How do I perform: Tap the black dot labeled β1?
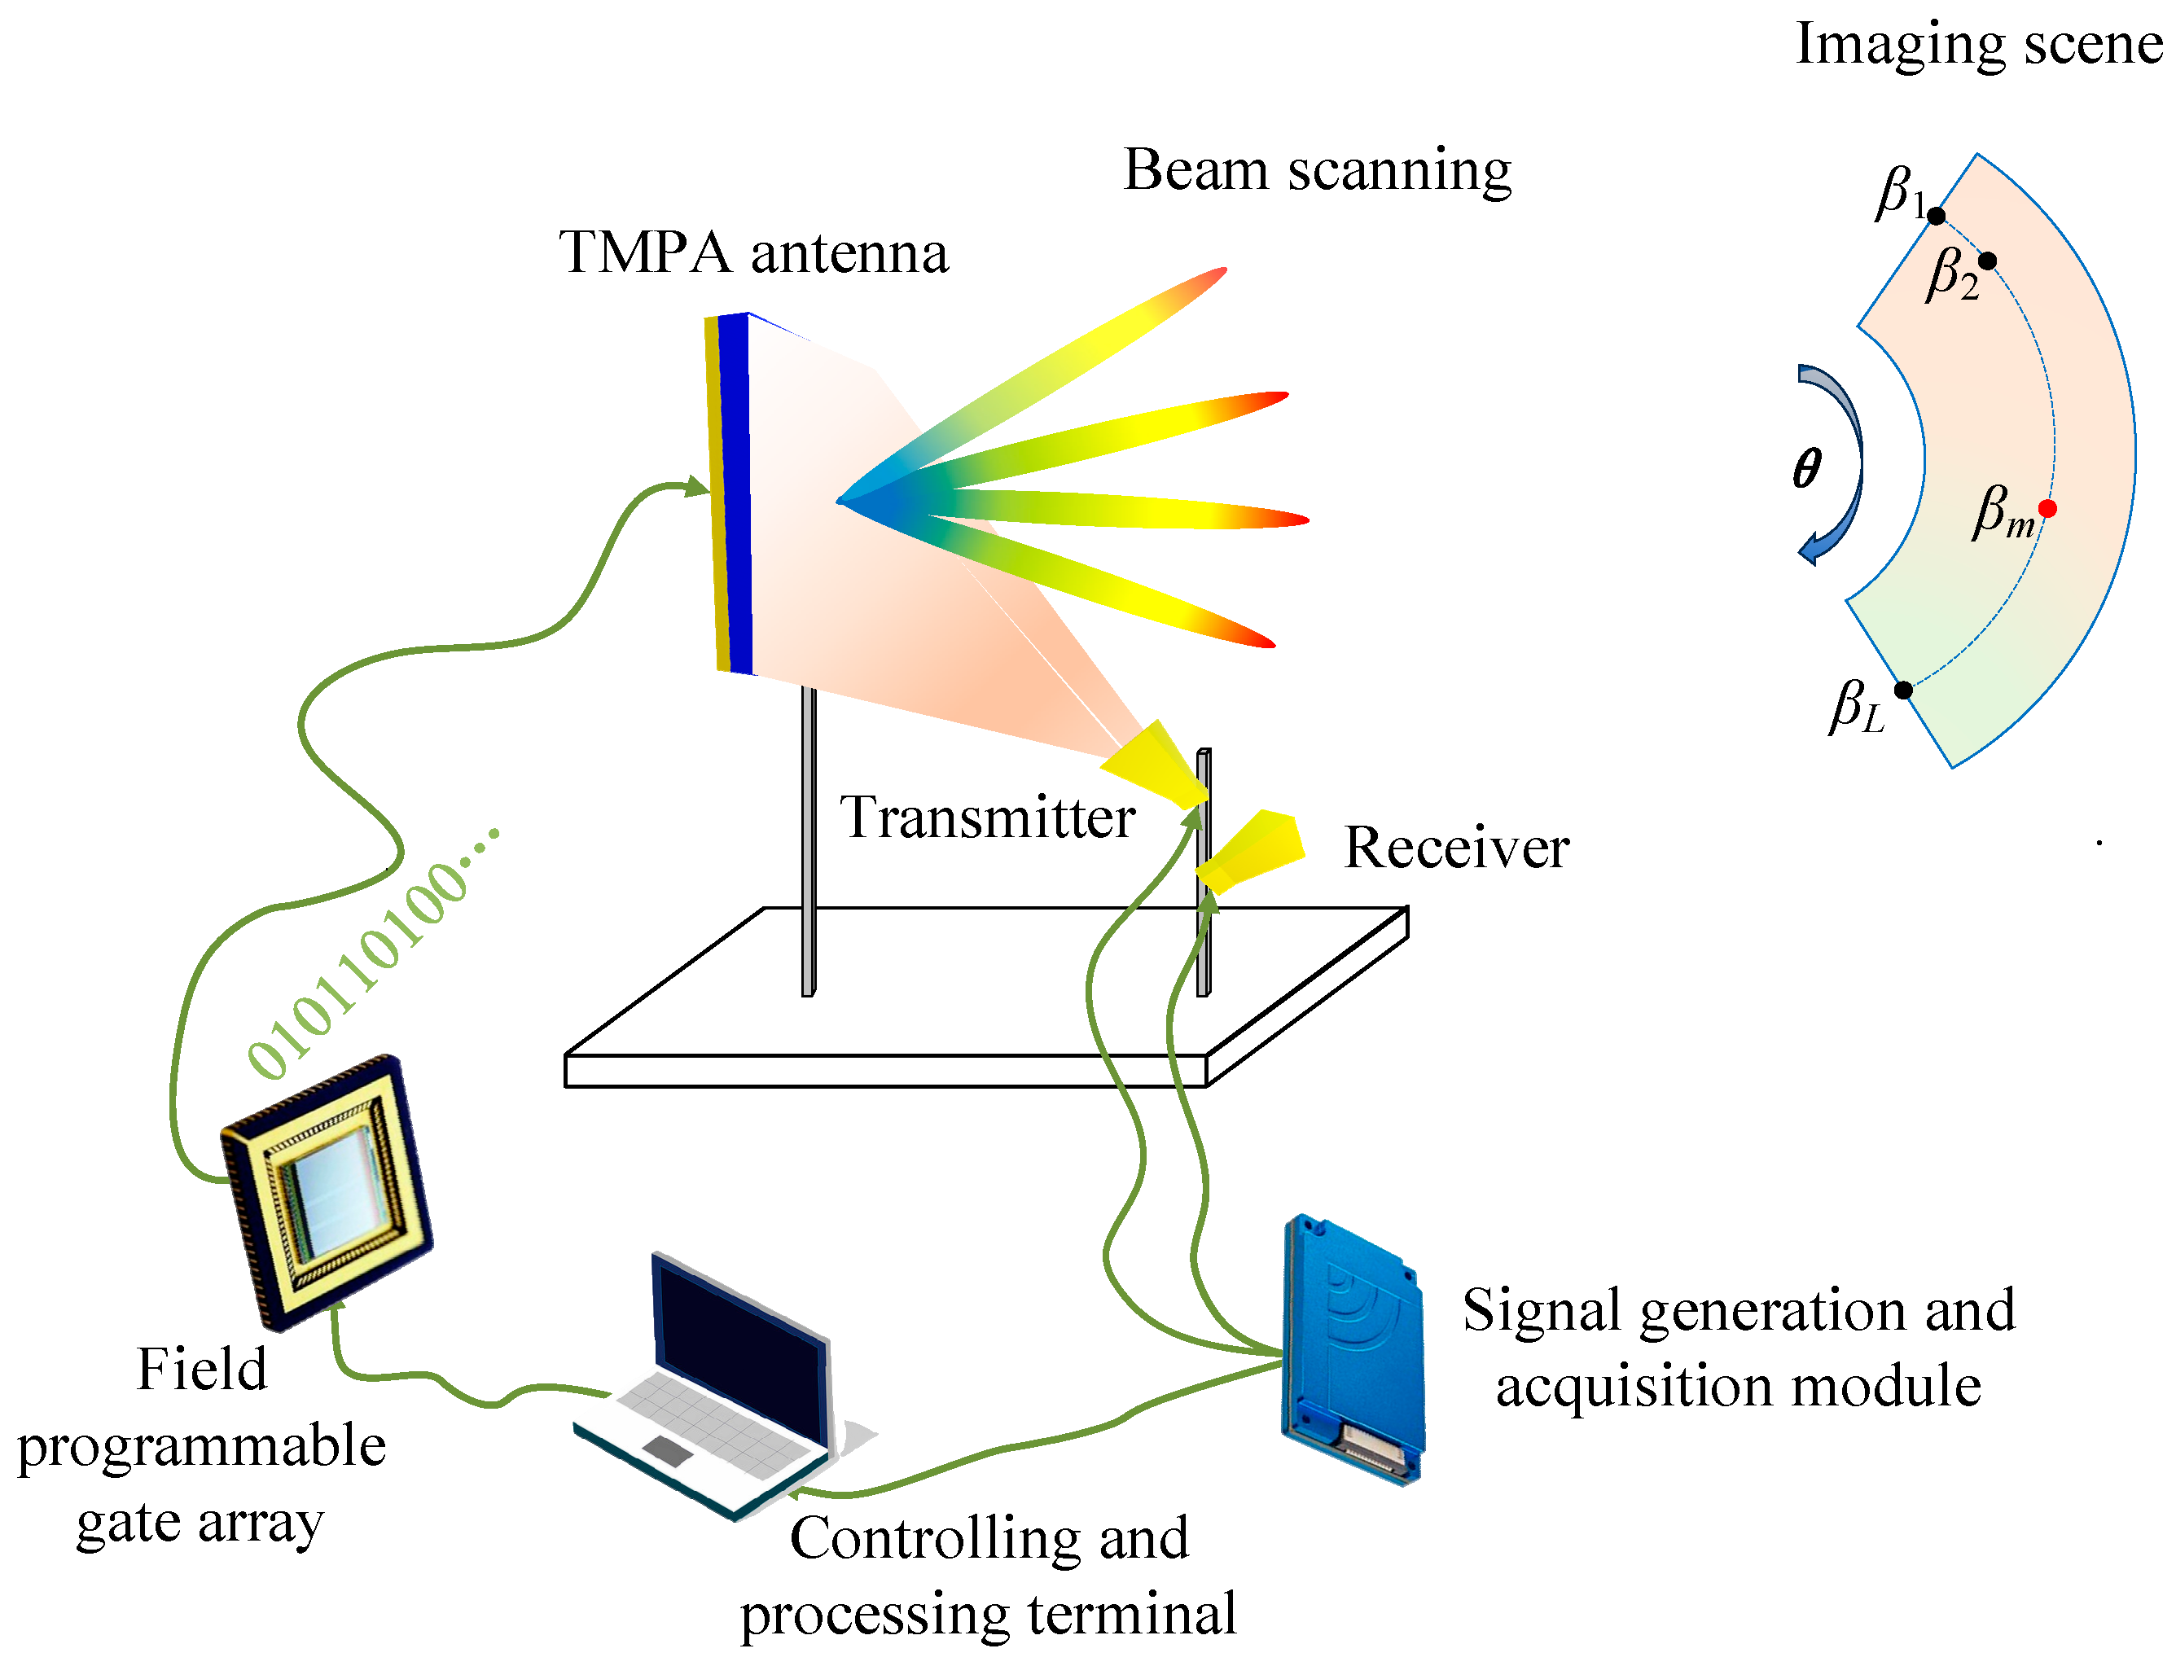pos(1936,215)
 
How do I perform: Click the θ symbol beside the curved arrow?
pos(1806,468)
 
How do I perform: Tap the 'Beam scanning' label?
pos(1316,169)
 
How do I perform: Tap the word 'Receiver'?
pos(1455,848)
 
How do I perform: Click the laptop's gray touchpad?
pos(668,1451)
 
